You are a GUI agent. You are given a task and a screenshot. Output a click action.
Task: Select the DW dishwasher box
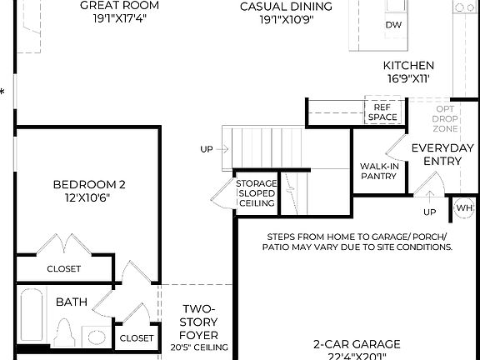point(393,25)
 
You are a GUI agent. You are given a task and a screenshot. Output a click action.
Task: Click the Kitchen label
point(408,66)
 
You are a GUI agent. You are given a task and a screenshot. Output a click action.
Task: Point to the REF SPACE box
point(382,112)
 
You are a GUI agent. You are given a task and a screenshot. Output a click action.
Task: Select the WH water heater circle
point(462,208)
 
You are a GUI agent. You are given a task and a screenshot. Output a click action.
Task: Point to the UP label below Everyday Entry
point(429,212)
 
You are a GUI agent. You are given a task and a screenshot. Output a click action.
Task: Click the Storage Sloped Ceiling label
point(255,198)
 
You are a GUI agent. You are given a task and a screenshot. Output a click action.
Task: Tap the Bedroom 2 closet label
point(64,268)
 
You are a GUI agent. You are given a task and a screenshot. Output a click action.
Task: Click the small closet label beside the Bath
point(137,337)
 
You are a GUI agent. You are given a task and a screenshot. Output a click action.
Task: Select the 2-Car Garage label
point(357,343)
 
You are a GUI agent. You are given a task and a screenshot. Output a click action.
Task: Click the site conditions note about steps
point(357,242)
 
